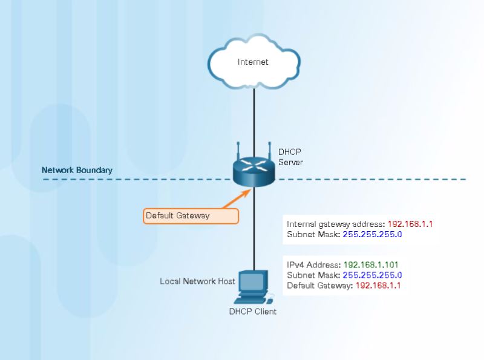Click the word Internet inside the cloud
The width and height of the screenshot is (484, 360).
pyautogui.click(x=253, y=62)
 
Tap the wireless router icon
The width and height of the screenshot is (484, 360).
pyautogui.click(x=253, y=171)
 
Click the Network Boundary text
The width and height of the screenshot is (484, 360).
pyautogui.click(x=77, y=170)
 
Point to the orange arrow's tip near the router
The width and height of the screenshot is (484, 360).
pyautogui.click(x=250, y=189)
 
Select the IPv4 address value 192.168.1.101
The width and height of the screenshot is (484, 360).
pyautogui.click(x=371, y=264)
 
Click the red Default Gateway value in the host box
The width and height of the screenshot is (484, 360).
pyautogui.click(x=378, y=285)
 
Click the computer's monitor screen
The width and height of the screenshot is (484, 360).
pyautogui.click(x=252, y=281)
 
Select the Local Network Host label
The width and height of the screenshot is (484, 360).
pyautogui.click(x=197, y=281)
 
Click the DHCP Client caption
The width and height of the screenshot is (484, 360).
pyautogui.click(x=252, y=312)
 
